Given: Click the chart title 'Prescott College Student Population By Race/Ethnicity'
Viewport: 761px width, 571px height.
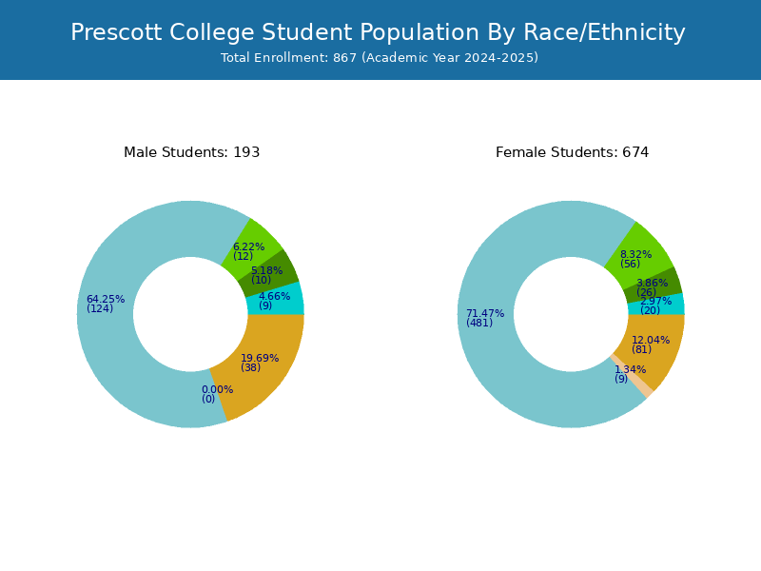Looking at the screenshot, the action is pos(378,32).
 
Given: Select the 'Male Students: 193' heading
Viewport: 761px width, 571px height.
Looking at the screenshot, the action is pos(192,152).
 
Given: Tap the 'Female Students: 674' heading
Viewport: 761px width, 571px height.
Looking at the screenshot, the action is pos(573,152).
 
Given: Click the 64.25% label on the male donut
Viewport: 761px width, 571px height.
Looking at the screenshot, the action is pos(106,299).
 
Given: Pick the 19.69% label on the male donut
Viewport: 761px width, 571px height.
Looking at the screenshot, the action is pos(260,359).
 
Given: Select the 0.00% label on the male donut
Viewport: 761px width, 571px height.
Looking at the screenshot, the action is pos(218,389).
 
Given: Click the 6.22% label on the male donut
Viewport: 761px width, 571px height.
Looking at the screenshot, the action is pos(249,246).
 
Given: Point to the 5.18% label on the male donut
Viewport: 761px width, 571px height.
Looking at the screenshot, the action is pos(267,270).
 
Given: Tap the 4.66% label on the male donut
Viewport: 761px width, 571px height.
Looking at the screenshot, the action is pos(275,296).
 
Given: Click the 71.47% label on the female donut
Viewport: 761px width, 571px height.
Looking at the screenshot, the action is pos(485,314).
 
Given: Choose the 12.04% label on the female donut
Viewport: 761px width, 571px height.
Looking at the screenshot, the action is pos(651,340).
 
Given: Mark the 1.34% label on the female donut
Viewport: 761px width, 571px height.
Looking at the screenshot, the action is pos(631,369).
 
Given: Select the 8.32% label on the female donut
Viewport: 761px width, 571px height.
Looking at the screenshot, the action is pos(635,254).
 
